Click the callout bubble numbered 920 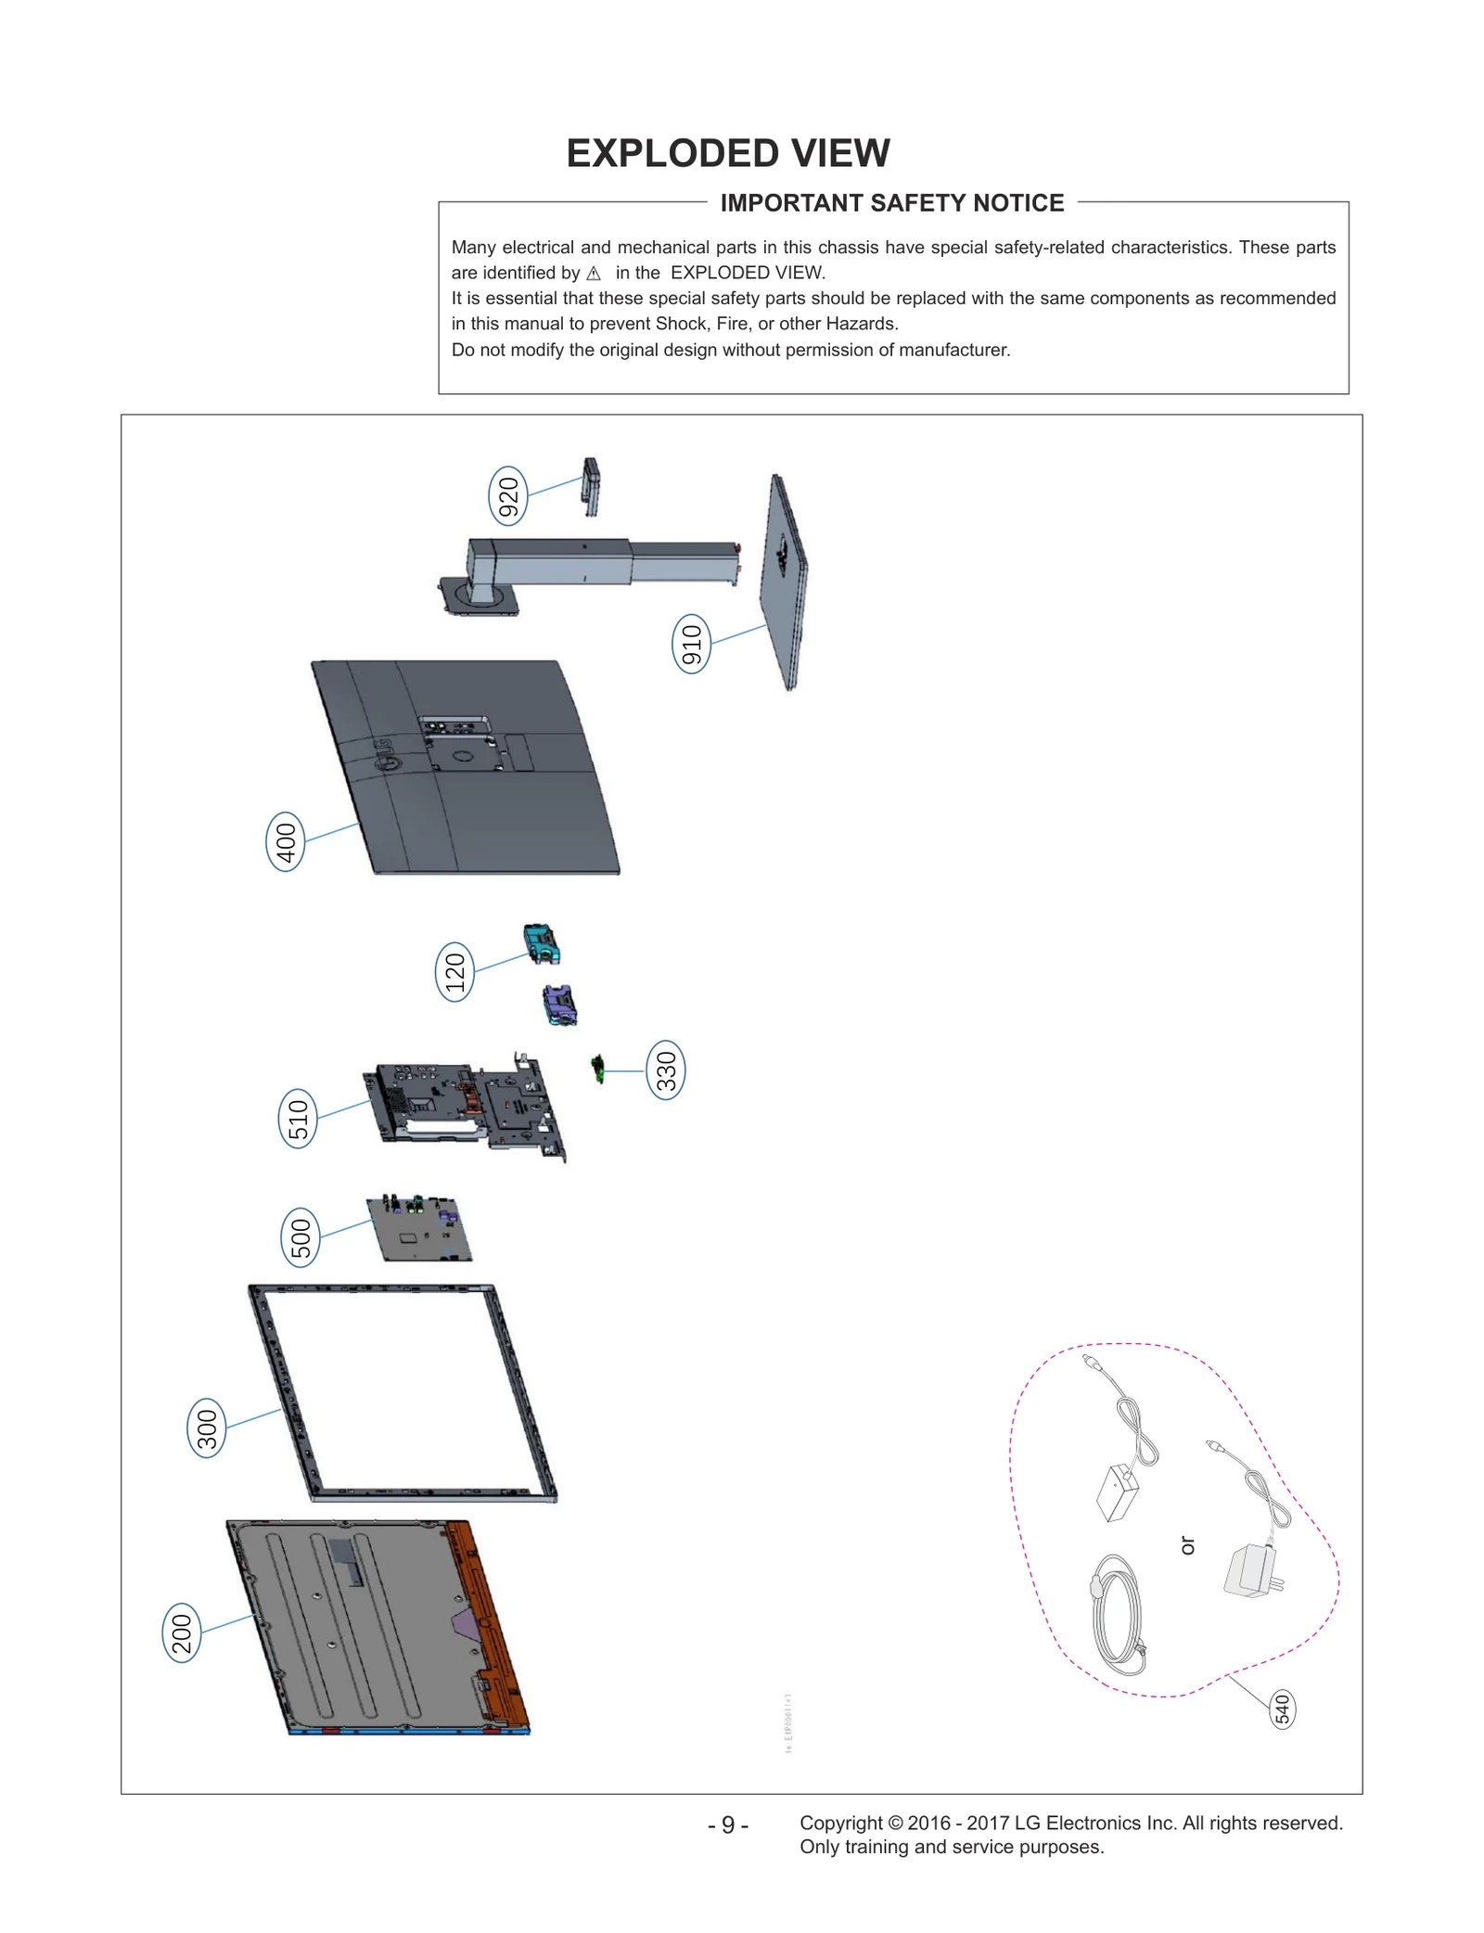tap(507, 496)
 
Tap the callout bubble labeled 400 tap(286, 841)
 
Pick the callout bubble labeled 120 tap(454, 971)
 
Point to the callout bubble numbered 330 tap(666, 1070)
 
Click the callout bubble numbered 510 tap(298, 1118)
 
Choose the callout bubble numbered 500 tap(300, 1237)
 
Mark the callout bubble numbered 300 tap(206, 1427)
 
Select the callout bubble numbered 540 tap(1282, 1709)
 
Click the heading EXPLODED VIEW tap(728, 153)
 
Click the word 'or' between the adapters tap(1188, 1545)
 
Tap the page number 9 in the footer tap(728, 1824)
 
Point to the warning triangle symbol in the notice tap(594, 274)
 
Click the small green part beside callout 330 tap(598, 1069)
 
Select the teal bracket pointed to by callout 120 tap(542, 943)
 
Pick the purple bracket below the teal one tap(559, 1005)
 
